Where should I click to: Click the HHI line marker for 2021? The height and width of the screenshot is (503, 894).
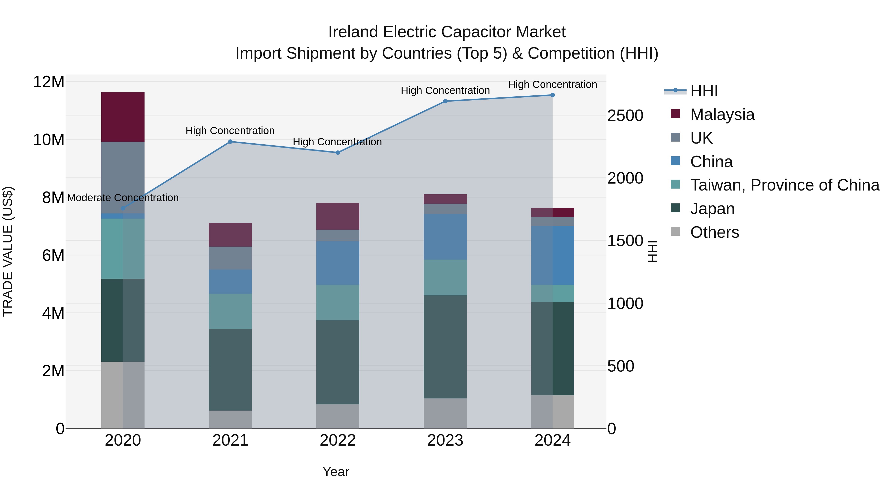(x=230, y=142)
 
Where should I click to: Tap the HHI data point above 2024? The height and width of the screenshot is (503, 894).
(x=553, y=95)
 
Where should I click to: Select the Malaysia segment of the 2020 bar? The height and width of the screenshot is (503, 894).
(x=123, y=117)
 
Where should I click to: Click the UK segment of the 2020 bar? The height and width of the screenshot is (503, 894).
(x=123, y=177)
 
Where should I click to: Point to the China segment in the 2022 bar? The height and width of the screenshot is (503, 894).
(x=338, y=263)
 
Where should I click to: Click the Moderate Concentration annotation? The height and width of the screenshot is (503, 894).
(x=123, y=198)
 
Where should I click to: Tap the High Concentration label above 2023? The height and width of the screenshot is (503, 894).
(x=445, y=91)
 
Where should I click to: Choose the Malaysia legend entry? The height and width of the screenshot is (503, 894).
(x=722, y=115)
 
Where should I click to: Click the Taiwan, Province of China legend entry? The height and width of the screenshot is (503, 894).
(x=784, y=185)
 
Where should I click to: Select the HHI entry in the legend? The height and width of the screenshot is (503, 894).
(x=704, y=91)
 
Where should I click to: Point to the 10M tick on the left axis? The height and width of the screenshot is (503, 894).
(x=49, y=140)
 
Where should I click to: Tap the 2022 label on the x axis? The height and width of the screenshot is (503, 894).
(x=338, y=440)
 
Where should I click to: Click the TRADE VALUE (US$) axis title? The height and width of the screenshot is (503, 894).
(x=8, y=251)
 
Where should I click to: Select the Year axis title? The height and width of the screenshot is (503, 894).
(x=335, y=472)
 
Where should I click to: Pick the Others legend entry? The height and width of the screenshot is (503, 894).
(x=714, y=232)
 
